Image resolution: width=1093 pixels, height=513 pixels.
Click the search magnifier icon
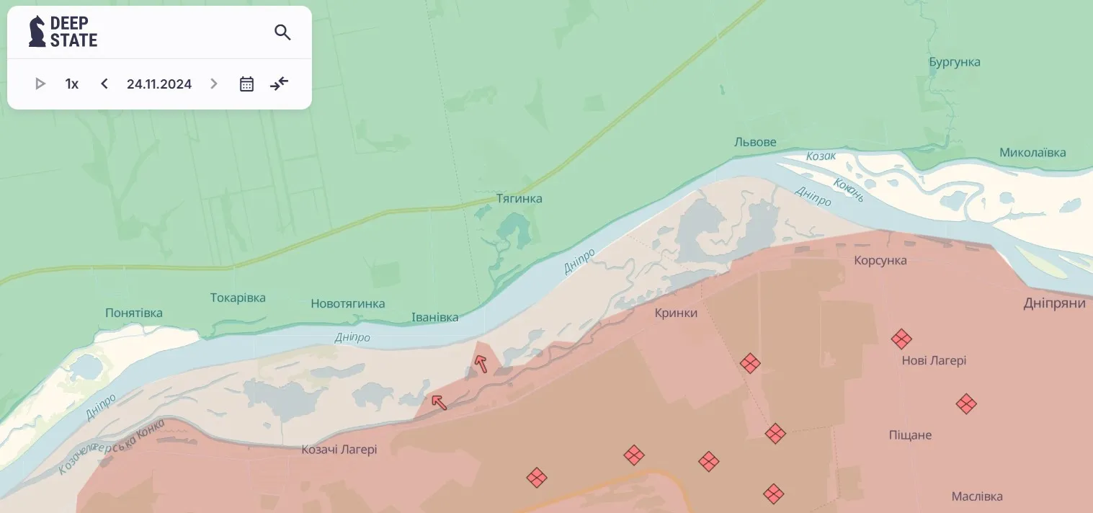click(282, 32)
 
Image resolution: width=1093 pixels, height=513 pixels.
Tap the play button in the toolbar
click(40, 84)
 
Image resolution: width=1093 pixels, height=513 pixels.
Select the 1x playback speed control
click(72, 84)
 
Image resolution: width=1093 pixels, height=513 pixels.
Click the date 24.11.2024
click(159, 84)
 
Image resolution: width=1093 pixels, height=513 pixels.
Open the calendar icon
click(246, 84)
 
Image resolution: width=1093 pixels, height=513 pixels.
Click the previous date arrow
click(104, 84)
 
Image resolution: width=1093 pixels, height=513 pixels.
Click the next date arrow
click(213, 84)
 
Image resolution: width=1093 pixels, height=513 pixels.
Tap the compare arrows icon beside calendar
click(280, 84)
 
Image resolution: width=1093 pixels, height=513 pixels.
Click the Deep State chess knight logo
click(37, 32)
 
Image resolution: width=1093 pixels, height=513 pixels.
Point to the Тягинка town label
click(519, 198)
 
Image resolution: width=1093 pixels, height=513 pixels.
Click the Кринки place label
click(676, 313)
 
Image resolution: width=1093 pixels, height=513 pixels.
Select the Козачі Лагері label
click(339, 450)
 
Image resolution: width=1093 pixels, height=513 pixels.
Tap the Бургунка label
click(955, 62)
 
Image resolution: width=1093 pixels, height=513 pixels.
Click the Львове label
click(755, 142)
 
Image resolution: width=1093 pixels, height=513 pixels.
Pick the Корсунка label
click(880, 260)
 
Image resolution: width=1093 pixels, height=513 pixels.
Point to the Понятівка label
click(134, 313)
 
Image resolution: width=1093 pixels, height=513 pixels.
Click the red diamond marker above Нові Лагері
click(901, 339)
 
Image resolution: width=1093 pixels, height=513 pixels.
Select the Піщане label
click(910, 434)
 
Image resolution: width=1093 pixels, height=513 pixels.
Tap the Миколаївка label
click(1032, 153)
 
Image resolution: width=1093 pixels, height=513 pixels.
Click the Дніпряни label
click(1054, 303)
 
